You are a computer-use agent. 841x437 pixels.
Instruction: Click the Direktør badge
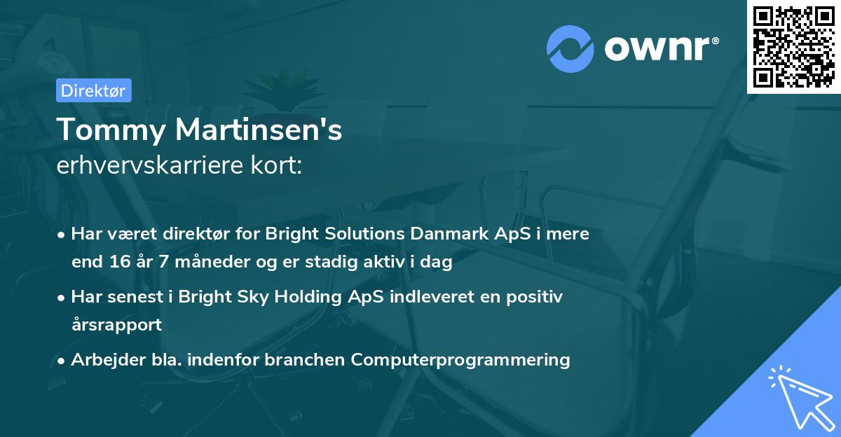pyautogui.click(x=93, y=90)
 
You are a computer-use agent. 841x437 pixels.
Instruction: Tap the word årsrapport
pyautogui.click(x=116, y=325)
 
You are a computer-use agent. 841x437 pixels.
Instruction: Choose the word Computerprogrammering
pyautogui.click(x=460, y=360)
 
